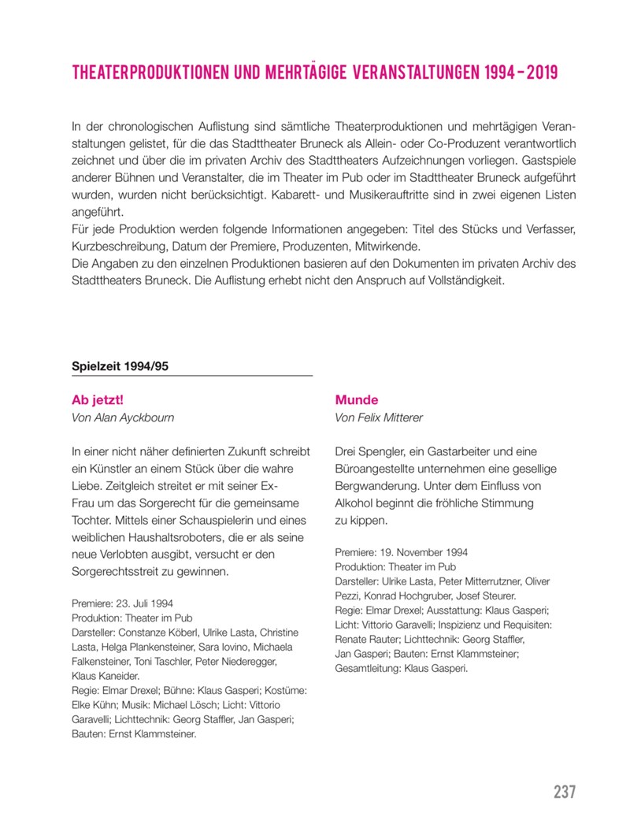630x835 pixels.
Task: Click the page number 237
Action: (x=564, y=792)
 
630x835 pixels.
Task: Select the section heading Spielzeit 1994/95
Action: (x=120, y=366)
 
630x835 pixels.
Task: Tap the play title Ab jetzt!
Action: (x=98, y=399)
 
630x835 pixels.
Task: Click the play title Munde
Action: (x=357, y=399)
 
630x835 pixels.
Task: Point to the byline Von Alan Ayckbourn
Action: (x=122, y=417)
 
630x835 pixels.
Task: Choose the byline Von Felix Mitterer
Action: (x=379, y=417)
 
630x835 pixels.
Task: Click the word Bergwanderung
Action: (x=379, y=486)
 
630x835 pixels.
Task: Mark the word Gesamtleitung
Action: (x=368, y=668)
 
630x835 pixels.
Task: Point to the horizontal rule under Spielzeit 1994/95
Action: (x=192, y=376)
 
